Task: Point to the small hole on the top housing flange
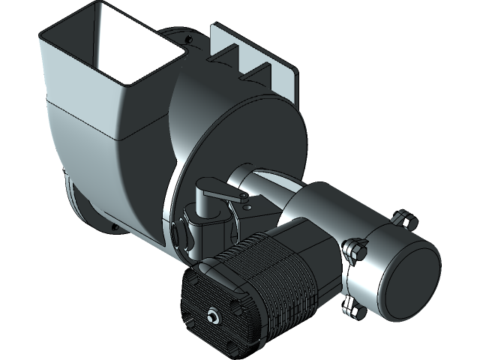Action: tap(192, 39)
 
